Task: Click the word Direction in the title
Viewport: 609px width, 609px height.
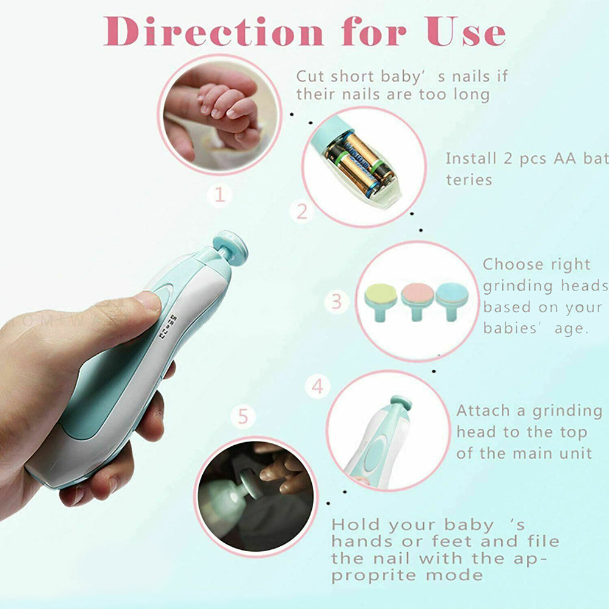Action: pos(214,32)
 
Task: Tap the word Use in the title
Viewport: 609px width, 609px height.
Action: pos(465,32)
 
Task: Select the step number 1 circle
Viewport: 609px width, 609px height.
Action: pos(220,194)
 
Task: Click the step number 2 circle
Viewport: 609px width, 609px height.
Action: pos(302,212)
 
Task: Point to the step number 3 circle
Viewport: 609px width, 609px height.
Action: pos(336,302)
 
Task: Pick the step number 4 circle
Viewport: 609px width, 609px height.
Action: pos(318,387)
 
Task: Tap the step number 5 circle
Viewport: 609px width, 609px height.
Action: pos(243,417)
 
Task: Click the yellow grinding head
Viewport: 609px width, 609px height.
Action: pos(381,301)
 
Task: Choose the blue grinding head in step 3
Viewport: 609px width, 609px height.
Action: pos(452,301)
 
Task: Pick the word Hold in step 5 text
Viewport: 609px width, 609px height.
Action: pos(356,525)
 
